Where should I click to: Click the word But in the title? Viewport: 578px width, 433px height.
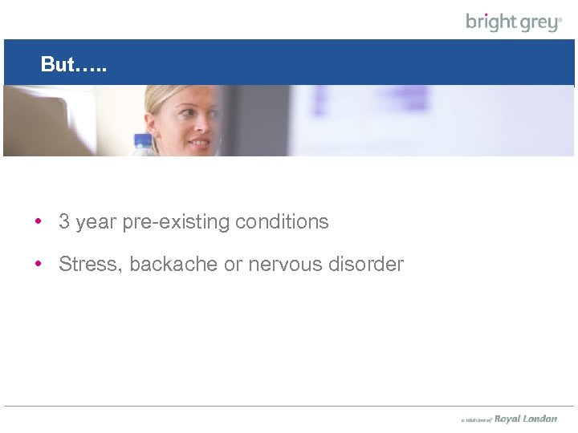point(57,65)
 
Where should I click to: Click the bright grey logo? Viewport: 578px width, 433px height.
point(514,22)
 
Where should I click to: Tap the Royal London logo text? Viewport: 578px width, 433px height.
point(525,419)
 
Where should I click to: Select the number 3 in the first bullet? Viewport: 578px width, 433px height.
point(64,222)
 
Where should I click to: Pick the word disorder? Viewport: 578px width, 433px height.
point(366,264)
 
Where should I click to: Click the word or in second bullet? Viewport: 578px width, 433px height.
point(233,264)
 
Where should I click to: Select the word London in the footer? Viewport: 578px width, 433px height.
point(540,419)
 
